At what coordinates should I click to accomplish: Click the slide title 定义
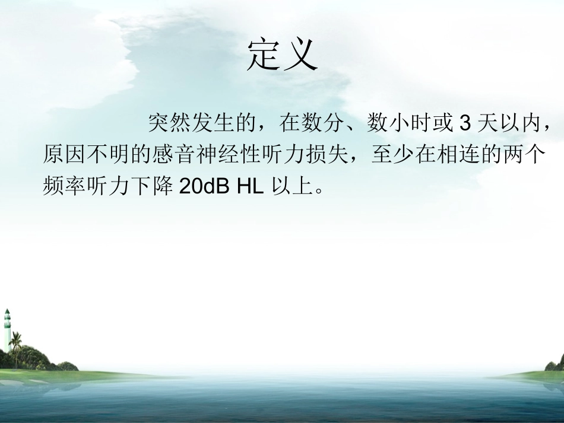click(x=282, y=56)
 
